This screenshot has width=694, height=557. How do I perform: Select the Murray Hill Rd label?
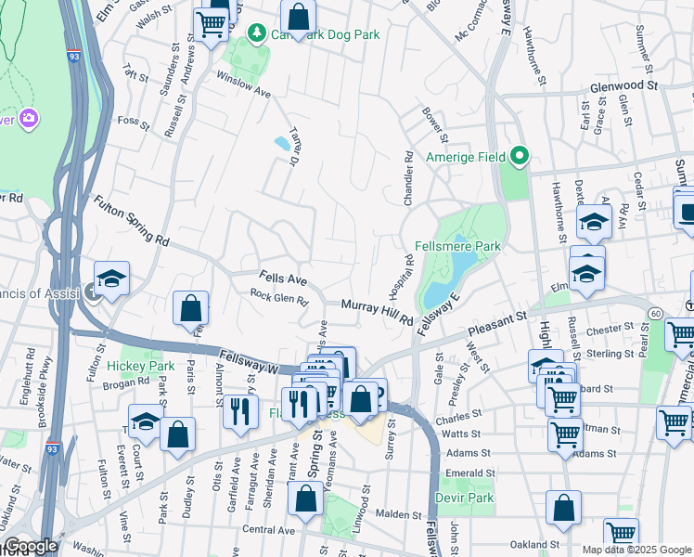click(x=376, y=311)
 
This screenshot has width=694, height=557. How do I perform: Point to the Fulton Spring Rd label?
click(x=130, y=220)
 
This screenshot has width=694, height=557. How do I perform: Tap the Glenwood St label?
click(x=623, y=85)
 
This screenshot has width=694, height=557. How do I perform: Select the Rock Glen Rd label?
click(x=278, y=297)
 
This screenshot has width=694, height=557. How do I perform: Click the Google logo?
click(x=30, y=546)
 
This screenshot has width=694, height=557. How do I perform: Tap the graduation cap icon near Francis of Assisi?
click(x=111, y=278)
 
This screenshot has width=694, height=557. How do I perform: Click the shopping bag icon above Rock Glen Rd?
click(x=190, y=307)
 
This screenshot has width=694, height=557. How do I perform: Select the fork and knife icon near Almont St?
click(x=240, y=408)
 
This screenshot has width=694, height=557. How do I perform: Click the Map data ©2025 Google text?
click(x=636, y=550)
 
